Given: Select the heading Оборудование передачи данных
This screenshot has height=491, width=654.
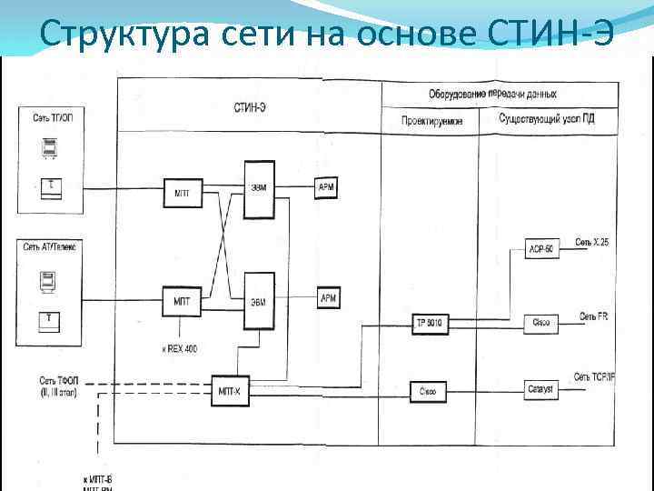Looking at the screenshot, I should point(492,94).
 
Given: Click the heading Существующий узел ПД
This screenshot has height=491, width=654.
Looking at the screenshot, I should point(547,119).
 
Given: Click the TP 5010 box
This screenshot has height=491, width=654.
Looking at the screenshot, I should point(428,323).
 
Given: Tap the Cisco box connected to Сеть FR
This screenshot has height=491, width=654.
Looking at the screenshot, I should point(540,323).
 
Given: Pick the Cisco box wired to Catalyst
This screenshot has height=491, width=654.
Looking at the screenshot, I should point(428,391).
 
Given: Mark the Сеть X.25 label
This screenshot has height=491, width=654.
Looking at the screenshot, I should point(591,243).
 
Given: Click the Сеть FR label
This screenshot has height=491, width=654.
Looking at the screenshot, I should point(594,316).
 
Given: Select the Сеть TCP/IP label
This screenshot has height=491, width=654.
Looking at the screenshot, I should point(595,376).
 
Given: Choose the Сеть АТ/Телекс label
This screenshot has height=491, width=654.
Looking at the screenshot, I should point(52,247).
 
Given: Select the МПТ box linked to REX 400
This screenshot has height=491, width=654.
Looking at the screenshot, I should point(180,299).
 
